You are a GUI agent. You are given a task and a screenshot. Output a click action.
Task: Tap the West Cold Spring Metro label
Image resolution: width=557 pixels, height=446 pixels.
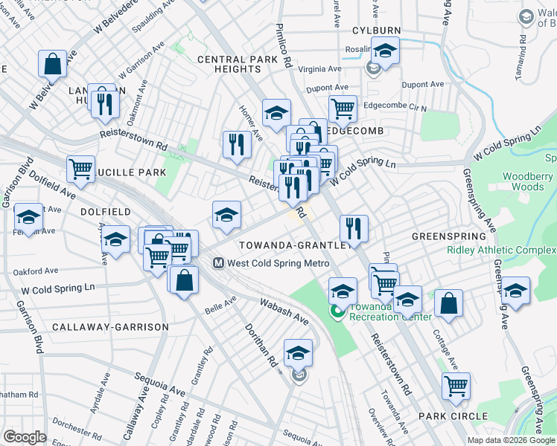tap(278, 263)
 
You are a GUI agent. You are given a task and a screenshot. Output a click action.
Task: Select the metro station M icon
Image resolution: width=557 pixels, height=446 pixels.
tap(219, 263)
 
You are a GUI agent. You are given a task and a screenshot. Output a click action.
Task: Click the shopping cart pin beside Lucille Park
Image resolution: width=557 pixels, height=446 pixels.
tap(80, 168)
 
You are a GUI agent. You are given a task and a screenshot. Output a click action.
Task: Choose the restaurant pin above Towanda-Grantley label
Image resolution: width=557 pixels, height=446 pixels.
tap(354, 228)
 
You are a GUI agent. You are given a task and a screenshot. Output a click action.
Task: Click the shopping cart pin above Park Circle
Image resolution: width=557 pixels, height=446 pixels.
tap(456, 386)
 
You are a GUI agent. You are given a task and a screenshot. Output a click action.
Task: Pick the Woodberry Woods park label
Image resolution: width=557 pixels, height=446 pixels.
tap(528, 181)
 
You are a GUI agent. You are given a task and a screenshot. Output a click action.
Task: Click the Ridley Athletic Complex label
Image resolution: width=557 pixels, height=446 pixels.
tap(501, 250)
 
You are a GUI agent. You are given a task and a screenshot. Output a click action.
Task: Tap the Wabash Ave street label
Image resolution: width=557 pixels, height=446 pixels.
tap(283, 311)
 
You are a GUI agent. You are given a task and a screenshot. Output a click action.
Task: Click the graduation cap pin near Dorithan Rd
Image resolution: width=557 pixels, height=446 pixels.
tap(298, 352)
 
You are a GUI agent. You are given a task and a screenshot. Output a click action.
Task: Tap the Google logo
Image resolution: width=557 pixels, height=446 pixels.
tap(25, 437)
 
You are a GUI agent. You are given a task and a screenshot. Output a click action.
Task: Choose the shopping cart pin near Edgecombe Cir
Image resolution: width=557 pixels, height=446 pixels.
tap(343, 109)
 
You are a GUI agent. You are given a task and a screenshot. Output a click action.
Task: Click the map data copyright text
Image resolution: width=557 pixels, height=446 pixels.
tap(510, 440)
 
